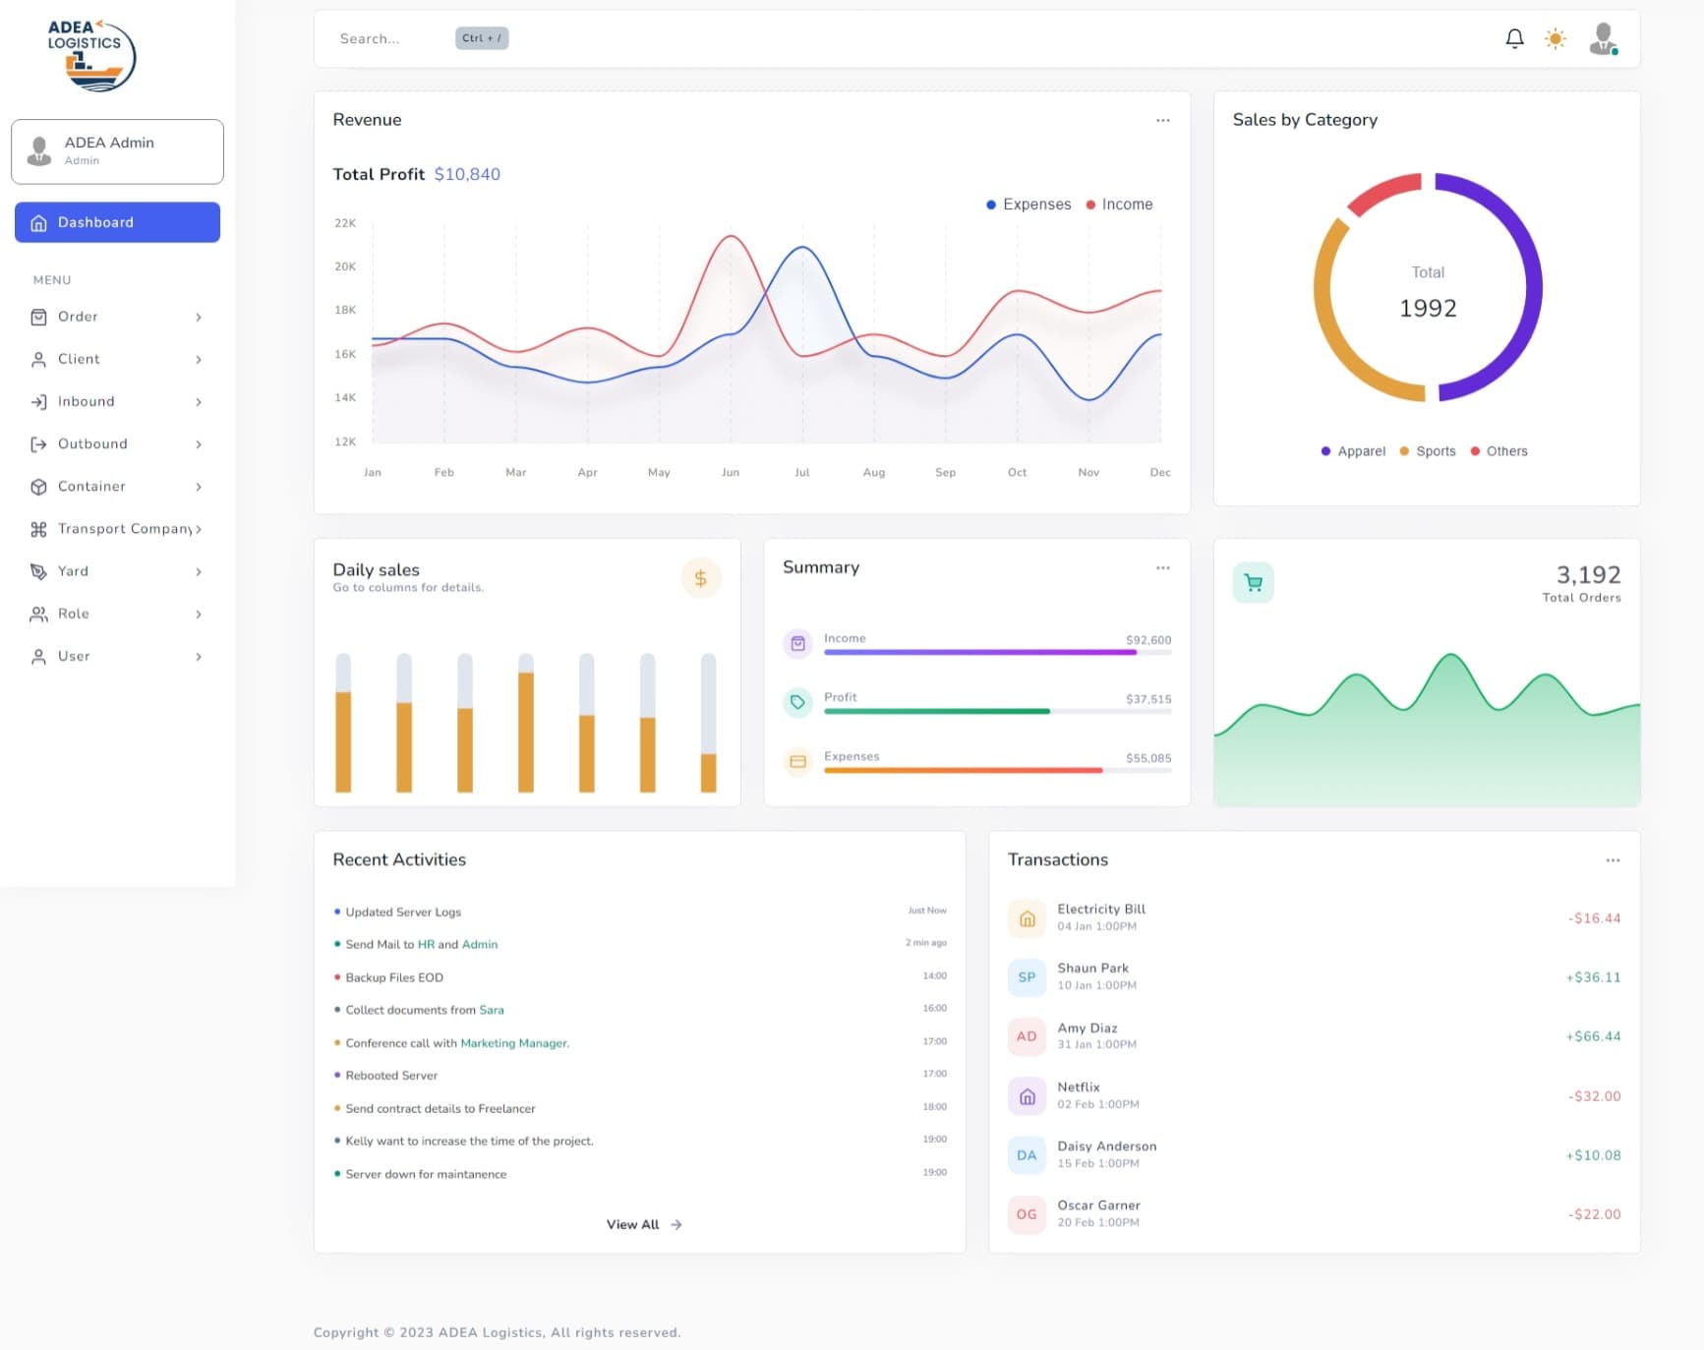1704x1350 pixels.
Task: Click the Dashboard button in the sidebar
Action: point(117,222)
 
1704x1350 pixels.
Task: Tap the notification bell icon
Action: point(1514,38)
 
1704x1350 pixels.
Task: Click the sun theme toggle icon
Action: point(1555,38)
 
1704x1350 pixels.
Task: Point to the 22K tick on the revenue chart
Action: point(345,223)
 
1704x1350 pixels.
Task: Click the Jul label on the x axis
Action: point(802,472)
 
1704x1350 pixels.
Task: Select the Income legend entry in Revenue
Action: point(1119,205)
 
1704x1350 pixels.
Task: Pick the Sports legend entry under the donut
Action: point(1428,451)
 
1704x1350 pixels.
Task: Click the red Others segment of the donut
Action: point(1383,193)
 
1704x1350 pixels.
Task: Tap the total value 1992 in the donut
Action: point(1428,308)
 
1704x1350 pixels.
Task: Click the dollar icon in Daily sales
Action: point(700,578)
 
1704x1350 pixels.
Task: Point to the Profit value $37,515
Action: point(1148,699)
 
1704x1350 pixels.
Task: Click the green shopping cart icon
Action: point(1253,582)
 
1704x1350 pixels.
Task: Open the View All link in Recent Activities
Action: point(644,1224)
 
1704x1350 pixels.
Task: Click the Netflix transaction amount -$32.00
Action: point(1594,1095)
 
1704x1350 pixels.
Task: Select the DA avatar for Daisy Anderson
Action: point(1027,1154)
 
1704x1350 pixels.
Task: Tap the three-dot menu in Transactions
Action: point(1613,859)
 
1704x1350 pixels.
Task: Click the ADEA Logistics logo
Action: point(91,55)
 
